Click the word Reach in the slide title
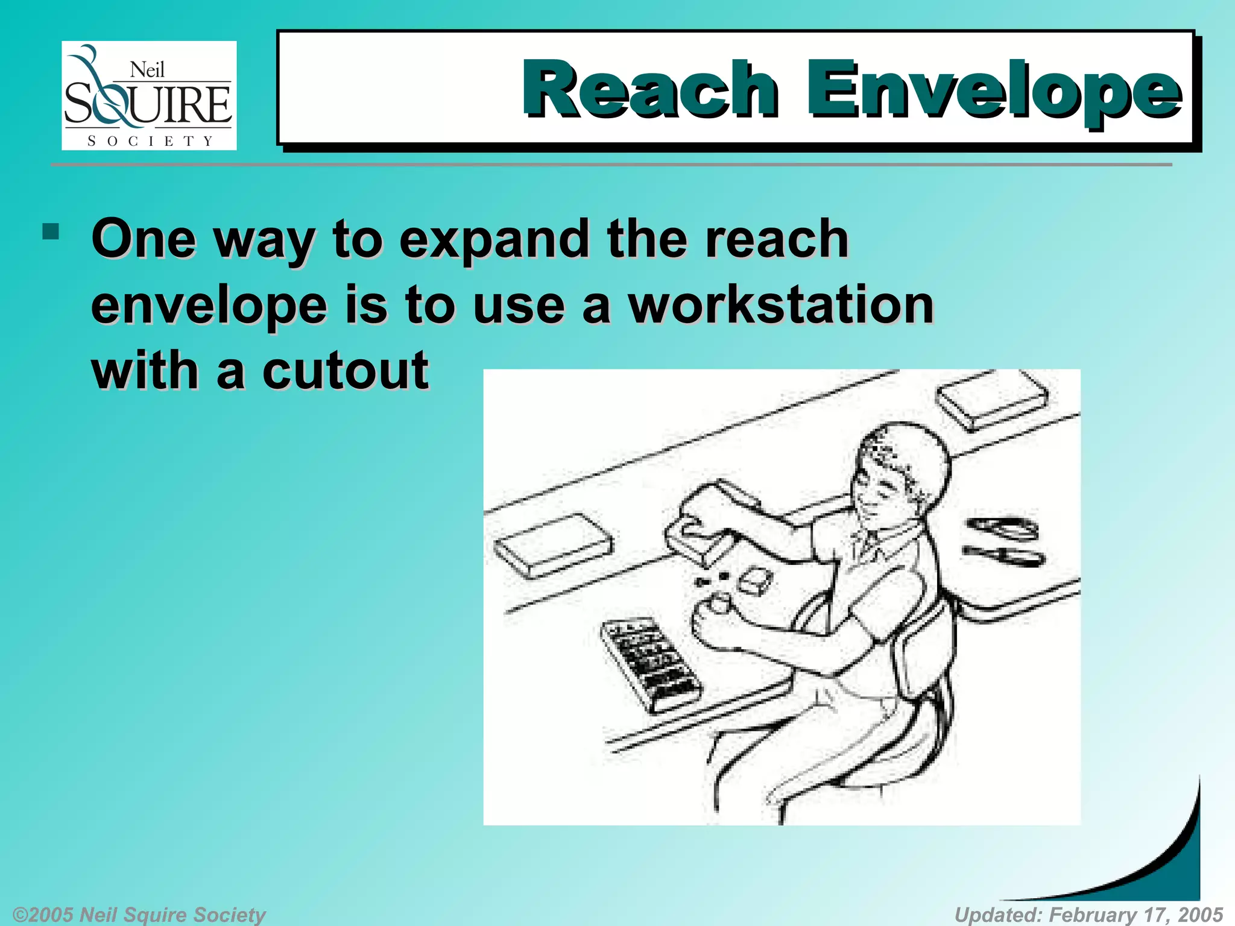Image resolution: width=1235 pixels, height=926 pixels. (650, 90)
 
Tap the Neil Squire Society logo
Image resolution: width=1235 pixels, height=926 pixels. (149, 95)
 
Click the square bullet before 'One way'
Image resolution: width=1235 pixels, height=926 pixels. (51, 232)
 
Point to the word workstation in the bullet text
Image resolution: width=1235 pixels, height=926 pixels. (781, 305)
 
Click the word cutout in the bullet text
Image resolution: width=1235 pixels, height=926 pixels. (345, 370)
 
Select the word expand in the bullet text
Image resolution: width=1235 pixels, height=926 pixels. (494, 239)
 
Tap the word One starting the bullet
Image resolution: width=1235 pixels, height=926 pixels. (144, 239)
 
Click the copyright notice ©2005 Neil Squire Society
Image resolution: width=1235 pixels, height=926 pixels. (139, 914)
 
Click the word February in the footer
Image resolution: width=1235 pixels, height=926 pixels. (1093, 914)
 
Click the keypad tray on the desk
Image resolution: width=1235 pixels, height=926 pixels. (651, 663)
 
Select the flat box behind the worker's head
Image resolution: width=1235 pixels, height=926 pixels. (992, 398)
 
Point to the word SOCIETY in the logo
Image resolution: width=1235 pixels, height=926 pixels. (150, 141)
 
